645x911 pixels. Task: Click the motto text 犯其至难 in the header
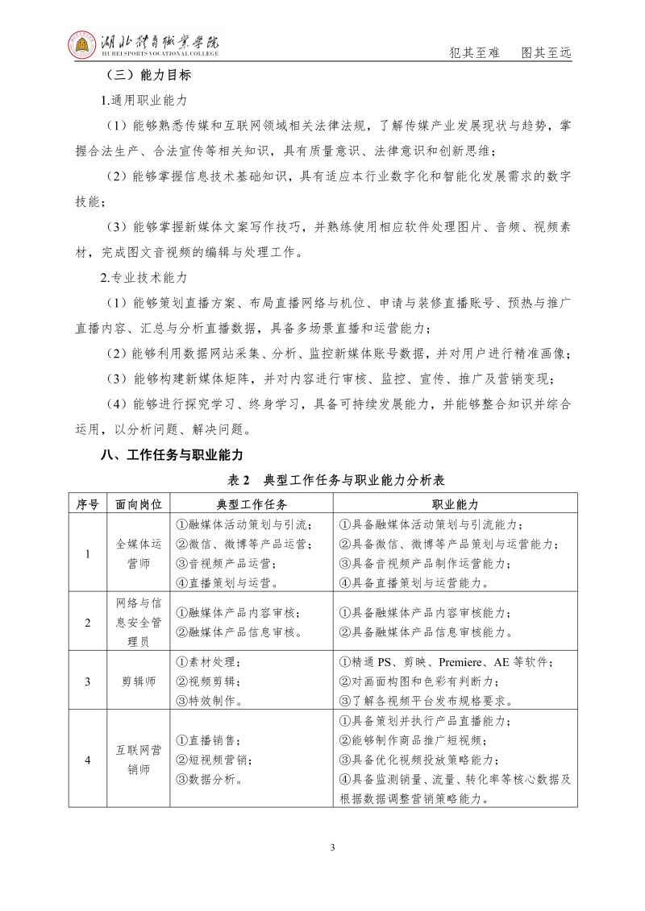pos(474,53)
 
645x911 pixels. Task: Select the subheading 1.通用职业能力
pos(144,101)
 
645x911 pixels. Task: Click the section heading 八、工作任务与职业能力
pos(171,454)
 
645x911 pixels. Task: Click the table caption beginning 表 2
pos(337,480)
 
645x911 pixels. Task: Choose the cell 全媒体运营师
pos(139,553)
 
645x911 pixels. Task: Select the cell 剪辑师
pos(139,681)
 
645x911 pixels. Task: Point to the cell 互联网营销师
pos(139,760)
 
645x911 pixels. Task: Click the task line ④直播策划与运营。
pos(227,582)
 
